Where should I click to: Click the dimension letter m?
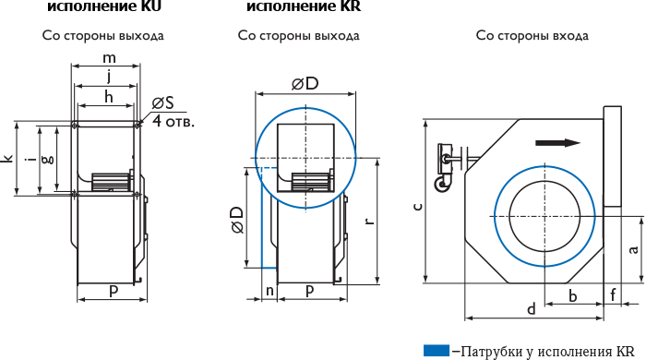pos(109,58)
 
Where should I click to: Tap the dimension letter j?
pos(109,77)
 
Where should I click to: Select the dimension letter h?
pos(108,97)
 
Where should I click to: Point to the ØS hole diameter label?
pos(162,103)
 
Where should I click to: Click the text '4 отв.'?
pos(173,122)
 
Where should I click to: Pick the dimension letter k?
pos(7,158)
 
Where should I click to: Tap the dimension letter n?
pos(269,291)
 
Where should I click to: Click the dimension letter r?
pos(369,222)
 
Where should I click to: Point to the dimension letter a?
pos(634,249)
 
